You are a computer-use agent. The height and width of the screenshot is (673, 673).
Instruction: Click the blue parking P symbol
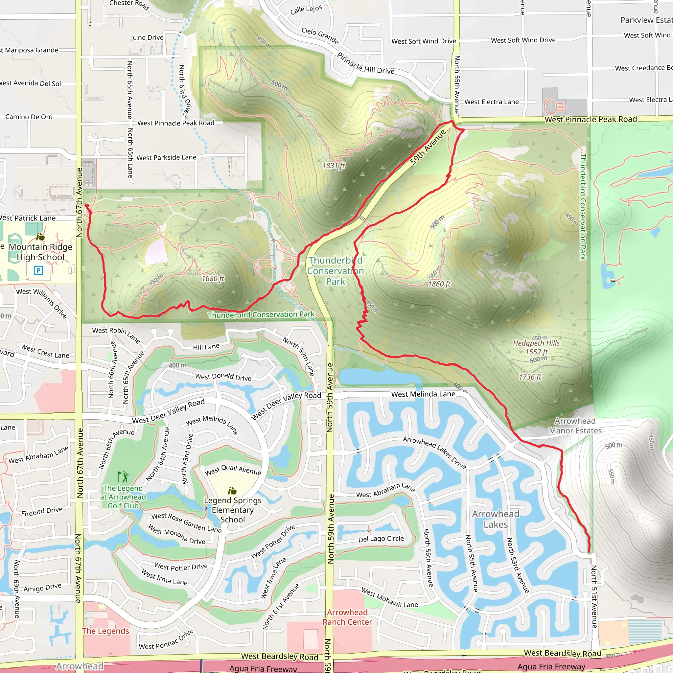38,270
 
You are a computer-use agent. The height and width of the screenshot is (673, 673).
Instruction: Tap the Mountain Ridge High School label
41,252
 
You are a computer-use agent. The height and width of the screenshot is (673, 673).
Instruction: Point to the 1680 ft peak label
213,279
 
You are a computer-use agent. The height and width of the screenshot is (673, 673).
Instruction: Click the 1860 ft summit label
439,284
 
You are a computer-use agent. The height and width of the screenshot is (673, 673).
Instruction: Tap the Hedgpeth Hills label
536,343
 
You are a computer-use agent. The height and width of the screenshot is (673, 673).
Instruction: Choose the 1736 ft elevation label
530,377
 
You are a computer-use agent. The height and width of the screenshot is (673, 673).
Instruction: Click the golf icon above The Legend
123,476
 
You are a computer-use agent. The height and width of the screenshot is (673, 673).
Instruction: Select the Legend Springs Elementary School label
233,510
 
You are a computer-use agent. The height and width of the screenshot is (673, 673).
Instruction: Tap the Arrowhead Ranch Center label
347,617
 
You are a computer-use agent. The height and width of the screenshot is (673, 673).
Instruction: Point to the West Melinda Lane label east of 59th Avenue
423,394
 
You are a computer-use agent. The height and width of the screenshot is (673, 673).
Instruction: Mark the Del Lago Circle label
381,539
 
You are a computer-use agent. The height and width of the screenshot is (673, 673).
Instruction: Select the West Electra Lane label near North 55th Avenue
491,102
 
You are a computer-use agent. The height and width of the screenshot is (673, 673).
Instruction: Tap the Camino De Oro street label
29,117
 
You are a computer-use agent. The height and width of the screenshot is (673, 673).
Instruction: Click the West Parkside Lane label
166,158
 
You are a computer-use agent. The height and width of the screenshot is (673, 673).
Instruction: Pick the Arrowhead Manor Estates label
575,426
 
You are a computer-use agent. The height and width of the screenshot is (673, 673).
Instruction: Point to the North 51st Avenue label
594,597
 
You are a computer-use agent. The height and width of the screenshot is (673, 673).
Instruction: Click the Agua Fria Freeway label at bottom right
551,667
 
